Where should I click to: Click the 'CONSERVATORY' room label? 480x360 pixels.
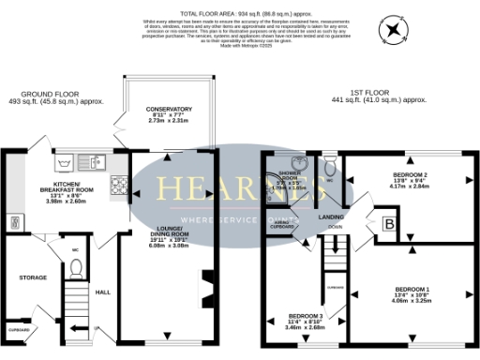tap(168, 110)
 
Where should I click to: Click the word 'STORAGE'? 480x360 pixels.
tap(33, 277)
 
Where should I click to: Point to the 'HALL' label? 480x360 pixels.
tap(103, 292)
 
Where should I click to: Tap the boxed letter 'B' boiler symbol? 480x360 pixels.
tap(388, 224)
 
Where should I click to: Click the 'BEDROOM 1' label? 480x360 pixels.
tap(412, 288)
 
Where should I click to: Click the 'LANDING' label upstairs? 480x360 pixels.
tap(330, 217)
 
